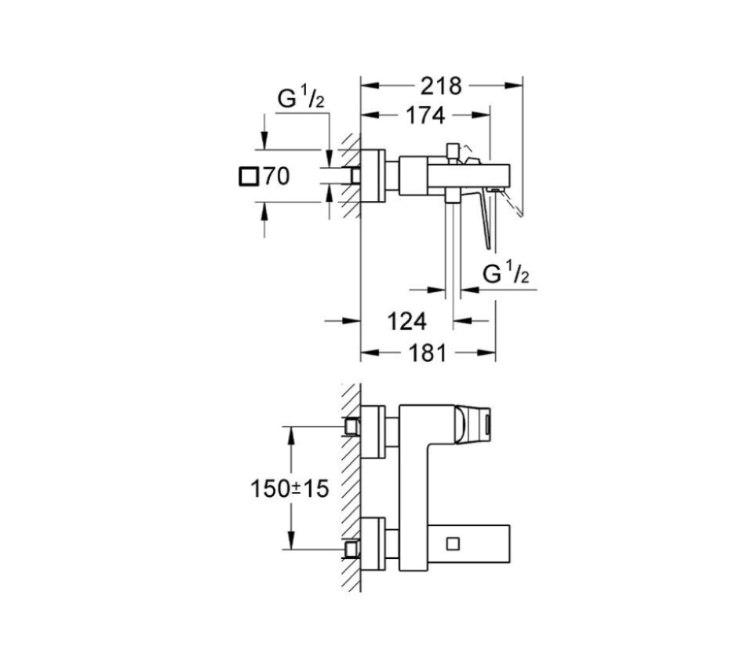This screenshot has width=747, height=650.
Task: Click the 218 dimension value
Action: click(441, 86)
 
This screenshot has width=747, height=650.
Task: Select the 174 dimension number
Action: click(425, 115)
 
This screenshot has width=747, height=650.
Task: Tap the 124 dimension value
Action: click(406, 322)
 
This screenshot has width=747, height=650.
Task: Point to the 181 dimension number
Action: click(428, 353)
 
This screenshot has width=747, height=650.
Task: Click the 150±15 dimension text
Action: click(290, 489)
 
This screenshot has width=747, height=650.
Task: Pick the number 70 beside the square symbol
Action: click(276, 177)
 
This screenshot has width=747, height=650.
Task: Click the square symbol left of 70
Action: click(248, 177)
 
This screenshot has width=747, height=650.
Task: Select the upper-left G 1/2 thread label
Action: click(301, 99)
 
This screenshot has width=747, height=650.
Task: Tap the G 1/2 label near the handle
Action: click(506, 273)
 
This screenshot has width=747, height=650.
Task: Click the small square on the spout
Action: click(453, 544)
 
